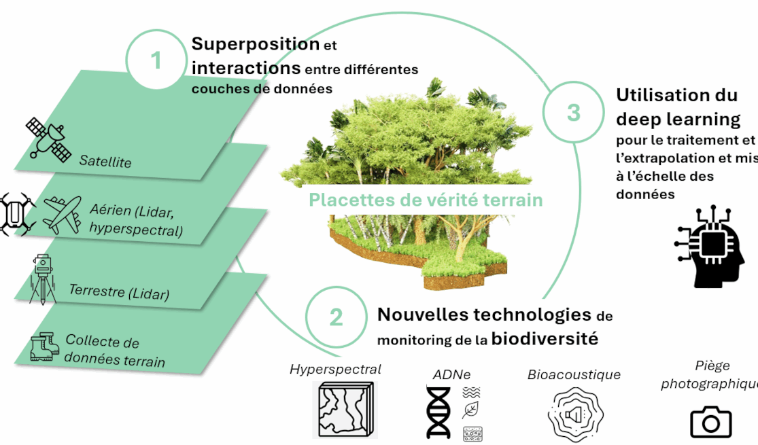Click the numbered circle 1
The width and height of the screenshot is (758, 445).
(x=156, y=60)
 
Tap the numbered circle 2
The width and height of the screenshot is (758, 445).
(x=336, y=317)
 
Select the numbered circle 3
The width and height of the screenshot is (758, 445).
(x=574, y=112)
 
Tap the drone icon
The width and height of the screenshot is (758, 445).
(x=15, y=213)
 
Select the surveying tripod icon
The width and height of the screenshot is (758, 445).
(x=43, y=279)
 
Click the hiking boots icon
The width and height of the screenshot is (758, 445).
(x=46, y=346)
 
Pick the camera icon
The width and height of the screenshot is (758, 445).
(x=710, y=422)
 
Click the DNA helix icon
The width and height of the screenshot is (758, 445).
(x=438, y=412)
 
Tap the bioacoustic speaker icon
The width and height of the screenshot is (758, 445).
(x=574, y=414)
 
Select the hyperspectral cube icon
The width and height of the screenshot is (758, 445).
(x=344, y=409)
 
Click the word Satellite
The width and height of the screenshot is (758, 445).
(x=105, y=162)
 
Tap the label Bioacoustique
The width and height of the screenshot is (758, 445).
(x=574, y=374)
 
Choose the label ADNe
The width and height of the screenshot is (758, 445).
(x=451, y=374)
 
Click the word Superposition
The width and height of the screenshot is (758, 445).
(x=256, y=44)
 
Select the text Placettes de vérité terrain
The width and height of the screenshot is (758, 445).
(x=426, y=200)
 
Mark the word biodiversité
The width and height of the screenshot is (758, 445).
(x=545, y=338)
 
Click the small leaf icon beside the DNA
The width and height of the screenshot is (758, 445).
(x=470, y=410)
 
